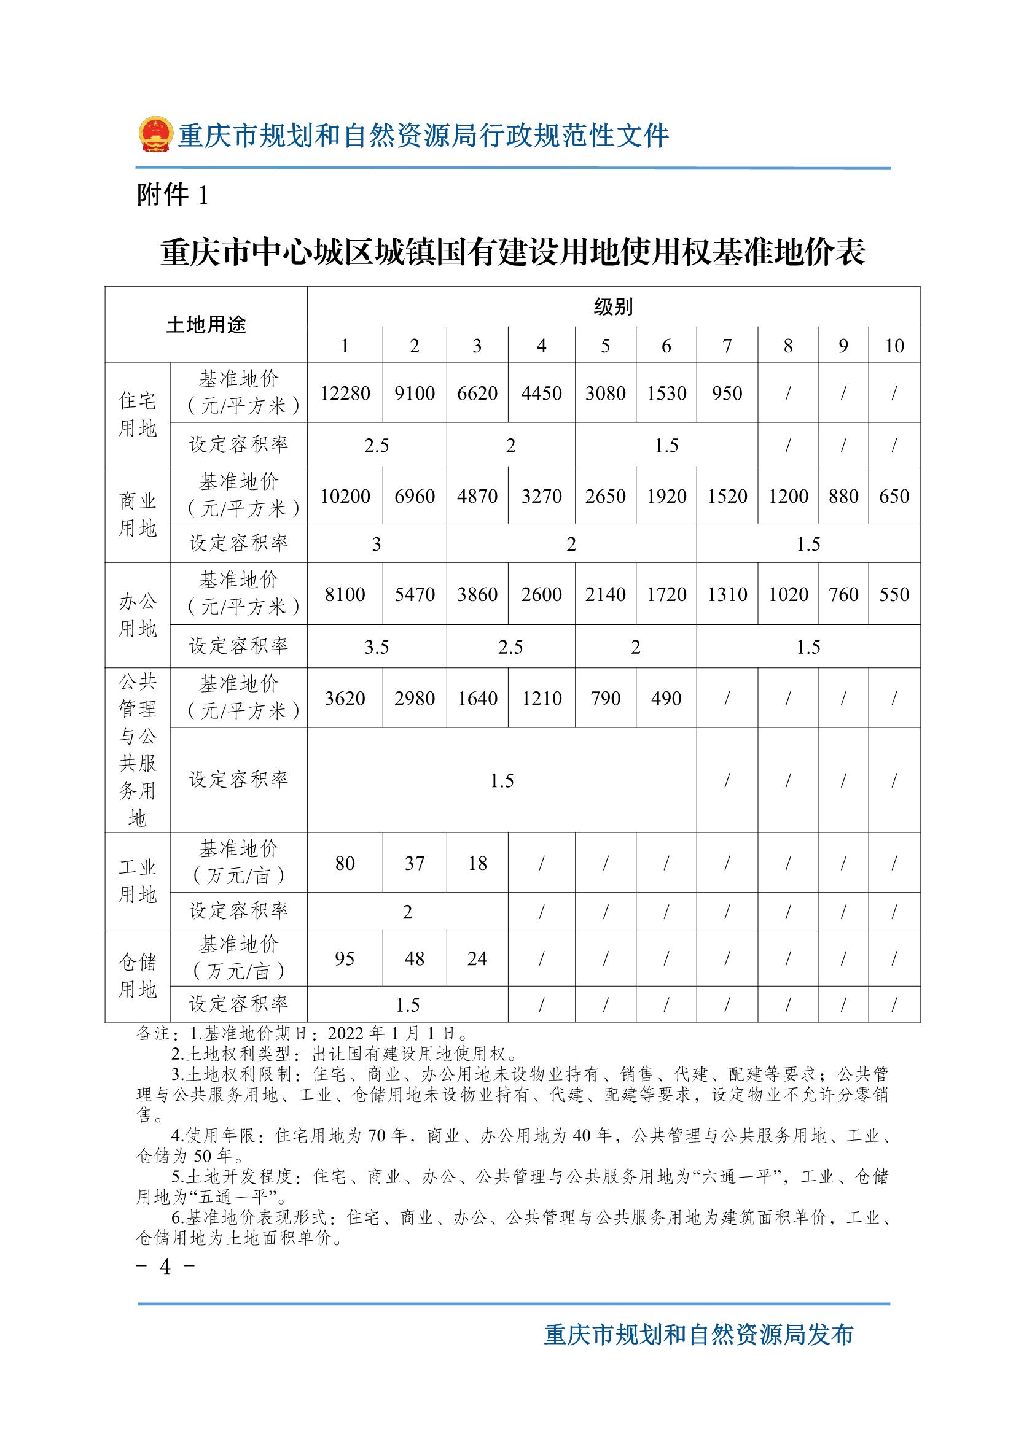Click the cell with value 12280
345,394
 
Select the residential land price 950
727,394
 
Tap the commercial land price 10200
345,496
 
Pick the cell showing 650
894,496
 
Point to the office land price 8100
345,594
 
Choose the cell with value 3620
345,698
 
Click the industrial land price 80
345,864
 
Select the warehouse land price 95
345,959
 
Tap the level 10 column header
894,346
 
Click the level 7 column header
727,346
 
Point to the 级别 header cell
613,307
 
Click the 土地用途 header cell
206,325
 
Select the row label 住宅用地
137,414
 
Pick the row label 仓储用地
137,976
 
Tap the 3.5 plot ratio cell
377,646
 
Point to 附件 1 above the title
172,196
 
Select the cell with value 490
666,698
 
